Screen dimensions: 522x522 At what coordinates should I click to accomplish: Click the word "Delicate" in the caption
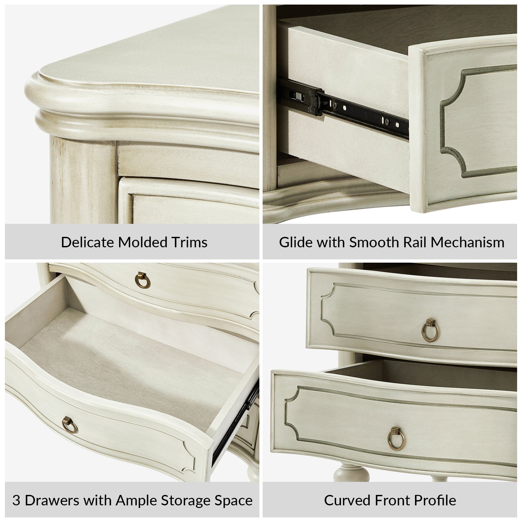[87, 242]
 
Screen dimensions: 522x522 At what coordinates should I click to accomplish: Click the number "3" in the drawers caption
[17, 500]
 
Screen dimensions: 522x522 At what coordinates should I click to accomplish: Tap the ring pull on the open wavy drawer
[70, 424]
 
